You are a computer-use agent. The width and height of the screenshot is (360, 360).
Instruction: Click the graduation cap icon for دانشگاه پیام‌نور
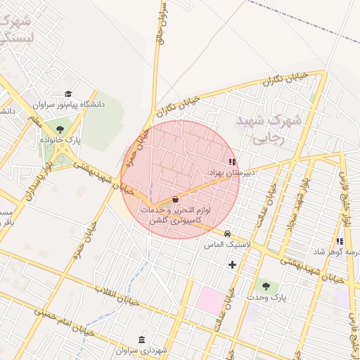(x=68, y=94)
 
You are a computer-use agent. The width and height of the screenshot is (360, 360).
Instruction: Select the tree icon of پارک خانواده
(x=60, y=129)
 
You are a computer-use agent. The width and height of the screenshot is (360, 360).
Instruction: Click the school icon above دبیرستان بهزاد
(x=233, y=161)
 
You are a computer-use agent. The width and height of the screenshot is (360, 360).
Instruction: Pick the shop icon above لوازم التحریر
(x=175, y=200)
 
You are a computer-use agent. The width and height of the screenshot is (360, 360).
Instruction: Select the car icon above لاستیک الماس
(x=227, y=233)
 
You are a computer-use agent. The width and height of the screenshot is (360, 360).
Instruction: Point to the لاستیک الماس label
(x=224, y=244)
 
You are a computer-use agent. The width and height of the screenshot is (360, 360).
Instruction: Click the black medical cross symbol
(x=232, y=264)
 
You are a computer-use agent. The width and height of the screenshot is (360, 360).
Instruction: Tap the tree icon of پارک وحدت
(x=266, y=285)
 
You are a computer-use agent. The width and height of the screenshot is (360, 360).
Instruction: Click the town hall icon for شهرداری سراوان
(x=142, y=340)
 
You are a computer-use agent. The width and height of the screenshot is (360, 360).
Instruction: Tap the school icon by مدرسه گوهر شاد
(x=340, y=241)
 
